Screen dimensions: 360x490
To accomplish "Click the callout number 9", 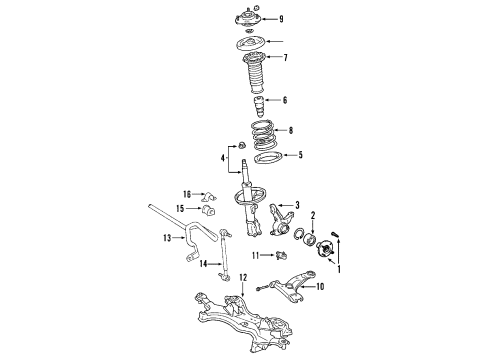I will point(281,18).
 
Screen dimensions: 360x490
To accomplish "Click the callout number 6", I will point(283,100).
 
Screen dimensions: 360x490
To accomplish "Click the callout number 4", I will point(224,156).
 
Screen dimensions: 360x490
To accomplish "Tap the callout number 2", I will point(312,242).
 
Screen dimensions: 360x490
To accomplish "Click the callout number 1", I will point(337,268).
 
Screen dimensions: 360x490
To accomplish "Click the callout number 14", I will point(201,265).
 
